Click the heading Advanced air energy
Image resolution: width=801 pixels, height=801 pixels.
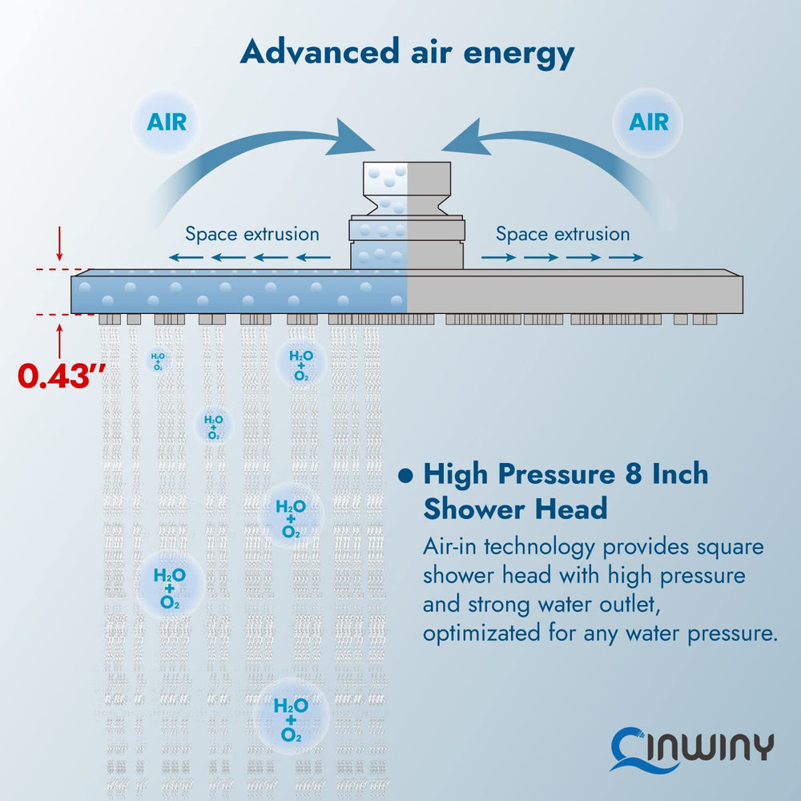pyautogui.click(x=407, y=54)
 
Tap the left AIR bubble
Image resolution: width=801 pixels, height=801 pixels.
pyautogui.click(x=167, y=122)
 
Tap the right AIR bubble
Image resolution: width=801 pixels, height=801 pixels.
pyautogui.click(x=648, y=122)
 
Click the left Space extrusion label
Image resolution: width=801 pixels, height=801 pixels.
pyautogui.click(x=252, y=235)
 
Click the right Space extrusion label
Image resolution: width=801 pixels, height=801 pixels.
pyautogui.click(x=562, y=235)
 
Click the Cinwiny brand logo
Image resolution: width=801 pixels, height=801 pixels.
pyautogui.click(x=692, y=747)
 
